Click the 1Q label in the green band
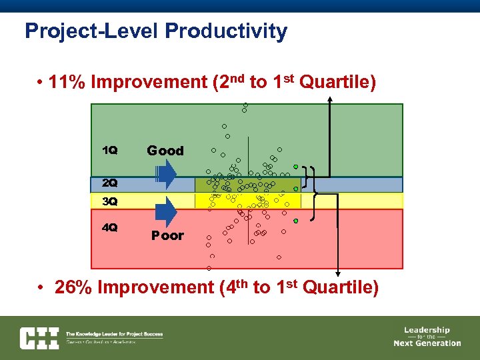coord(109,150)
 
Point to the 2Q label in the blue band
coord(109,183)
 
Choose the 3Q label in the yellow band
coord(109,201)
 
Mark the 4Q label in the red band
coord(109,227)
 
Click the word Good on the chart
coord(165,151)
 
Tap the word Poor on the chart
coord(167,235)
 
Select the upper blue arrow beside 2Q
coord(166,175)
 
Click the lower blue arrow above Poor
coord(166,212)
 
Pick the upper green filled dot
coord(295,165)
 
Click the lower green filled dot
coord(295,221)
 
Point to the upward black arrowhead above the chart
coord(330,100)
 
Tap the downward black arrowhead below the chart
coord(338,273)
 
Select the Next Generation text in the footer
coord(427,343)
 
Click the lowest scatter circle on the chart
coord(209,268)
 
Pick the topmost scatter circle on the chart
coord(245,105)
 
